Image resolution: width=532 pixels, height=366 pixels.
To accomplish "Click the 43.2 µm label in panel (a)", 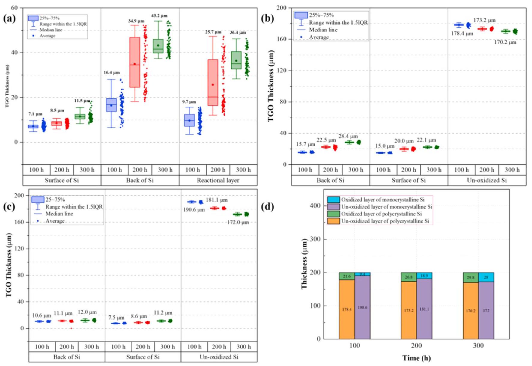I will tap(159, 16).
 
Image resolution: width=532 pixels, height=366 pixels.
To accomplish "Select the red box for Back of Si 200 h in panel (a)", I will tap(135, 62).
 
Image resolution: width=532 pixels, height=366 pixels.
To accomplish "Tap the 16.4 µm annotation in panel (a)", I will tap(111, 73).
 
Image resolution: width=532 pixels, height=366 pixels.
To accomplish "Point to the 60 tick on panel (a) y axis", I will tap(14, 7).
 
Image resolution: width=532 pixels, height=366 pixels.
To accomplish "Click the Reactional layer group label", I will tap(218, 180).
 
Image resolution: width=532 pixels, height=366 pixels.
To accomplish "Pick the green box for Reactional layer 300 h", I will tap(236, 60).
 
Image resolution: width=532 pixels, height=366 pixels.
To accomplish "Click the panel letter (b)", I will tap(267, 18).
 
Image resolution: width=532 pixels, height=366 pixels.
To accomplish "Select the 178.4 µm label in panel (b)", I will tap(462, 34).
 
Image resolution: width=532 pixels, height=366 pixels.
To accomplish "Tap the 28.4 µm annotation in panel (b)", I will tap(348, 136).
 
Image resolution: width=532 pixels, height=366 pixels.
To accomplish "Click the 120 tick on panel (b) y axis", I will tap(281, 70).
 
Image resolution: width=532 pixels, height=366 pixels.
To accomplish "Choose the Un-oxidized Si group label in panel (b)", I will tap(487, 180).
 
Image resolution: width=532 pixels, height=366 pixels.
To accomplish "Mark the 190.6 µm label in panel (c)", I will tap(194, 210).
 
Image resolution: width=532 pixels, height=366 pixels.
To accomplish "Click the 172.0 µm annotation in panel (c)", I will tap(238, 222).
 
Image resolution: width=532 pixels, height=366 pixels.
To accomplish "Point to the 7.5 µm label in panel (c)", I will tap(116, 317).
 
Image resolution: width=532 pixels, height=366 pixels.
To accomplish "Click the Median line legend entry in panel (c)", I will tap(59, 214).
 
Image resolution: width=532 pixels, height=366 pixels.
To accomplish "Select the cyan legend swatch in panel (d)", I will tap(333, 200).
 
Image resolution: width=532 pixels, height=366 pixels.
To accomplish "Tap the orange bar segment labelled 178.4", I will tap(347, 309).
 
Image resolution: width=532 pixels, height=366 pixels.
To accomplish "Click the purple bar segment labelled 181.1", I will tap(424, 309).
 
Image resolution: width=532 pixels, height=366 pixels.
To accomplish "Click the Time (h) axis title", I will tap(416, 358).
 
